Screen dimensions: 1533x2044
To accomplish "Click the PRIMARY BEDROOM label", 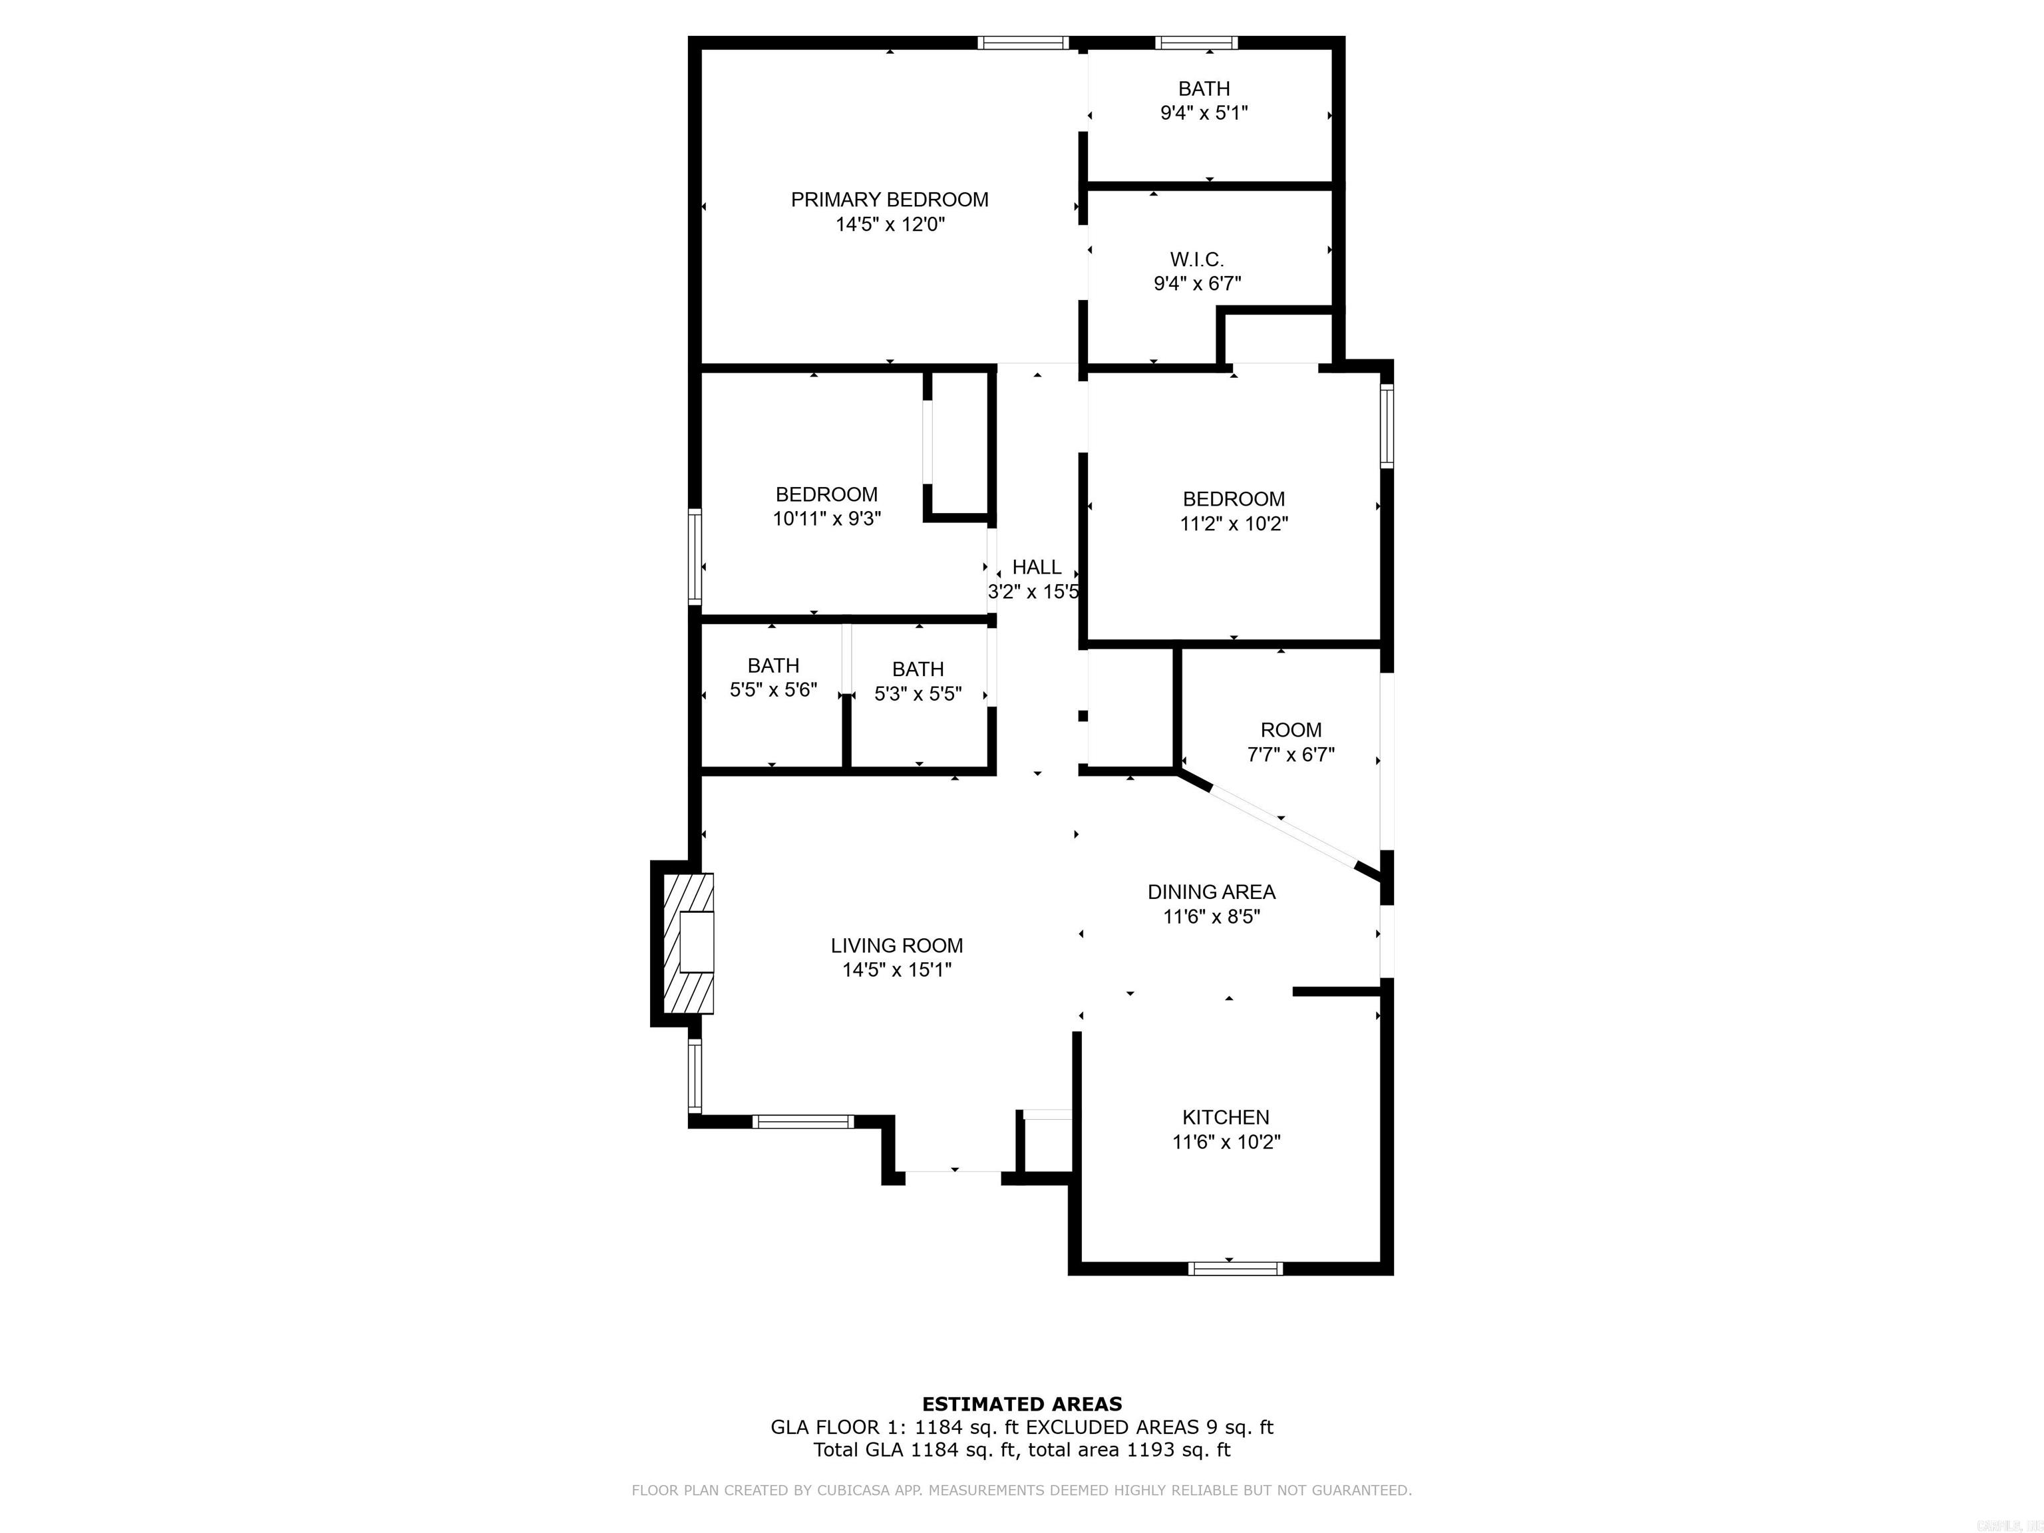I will click(x=889, y=200).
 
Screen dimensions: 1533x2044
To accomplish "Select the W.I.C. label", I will click(x=1196, y=259).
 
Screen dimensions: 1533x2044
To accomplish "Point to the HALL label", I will click(x=1037, y=568).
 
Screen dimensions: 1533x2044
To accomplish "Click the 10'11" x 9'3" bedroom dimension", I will click(x=827, y=519).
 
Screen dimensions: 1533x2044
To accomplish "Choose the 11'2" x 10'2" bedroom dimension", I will click(x=1234, y=524).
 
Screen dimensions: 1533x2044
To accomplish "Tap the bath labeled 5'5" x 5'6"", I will click(x=773, y=666).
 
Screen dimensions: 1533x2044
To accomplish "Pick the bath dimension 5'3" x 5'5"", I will click(x=918, y=694).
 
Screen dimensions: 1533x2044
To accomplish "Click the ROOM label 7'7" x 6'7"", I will click(x=1291, y=730).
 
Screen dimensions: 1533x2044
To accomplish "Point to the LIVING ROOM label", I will click(x=896, y=946).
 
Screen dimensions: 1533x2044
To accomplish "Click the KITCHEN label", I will click(x=1226, y=1117).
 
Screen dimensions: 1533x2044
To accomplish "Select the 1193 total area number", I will click(x=1150, y=1450).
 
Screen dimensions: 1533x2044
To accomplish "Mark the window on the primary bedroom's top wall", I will click(x=1023, y=43).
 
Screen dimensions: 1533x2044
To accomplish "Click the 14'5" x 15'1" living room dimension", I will click(x=896, y=970).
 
